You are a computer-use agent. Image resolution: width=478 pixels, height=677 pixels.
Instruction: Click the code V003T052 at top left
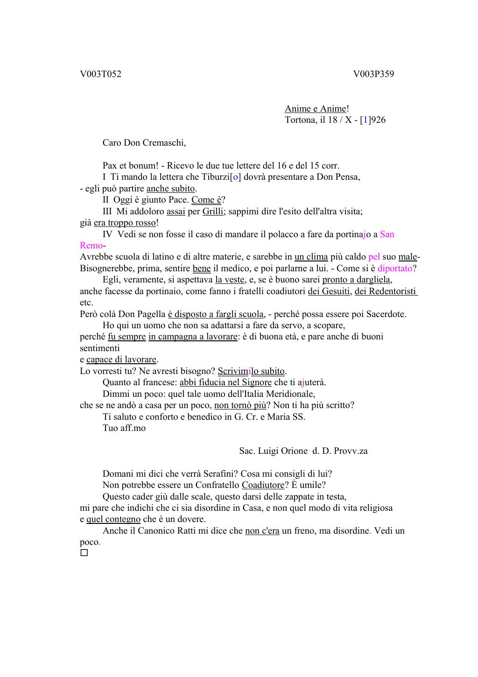click(x=100, y=74)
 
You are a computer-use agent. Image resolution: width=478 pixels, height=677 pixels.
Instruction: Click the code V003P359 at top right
click(x=373, y=74)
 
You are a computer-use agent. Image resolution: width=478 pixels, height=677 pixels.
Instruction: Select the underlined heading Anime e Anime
click(x=316, y=109)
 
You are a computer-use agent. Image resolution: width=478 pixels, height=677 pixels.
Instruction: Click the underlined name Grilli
click(x=213, y=211)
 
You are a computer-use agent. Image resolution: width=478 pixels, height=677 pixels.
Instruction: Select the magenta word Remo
click(x=91, y=246)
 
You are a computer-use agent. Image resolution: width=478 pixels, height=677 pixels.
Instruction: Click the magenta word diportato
click(x=395, y=268)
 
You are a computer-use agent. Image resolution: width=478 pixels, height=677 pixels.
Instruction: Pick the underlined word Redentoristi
click(x=393, y=291)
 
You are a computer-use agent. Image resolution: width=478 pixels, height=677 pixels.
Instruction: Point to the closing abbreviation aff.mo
click(x=133, y=428)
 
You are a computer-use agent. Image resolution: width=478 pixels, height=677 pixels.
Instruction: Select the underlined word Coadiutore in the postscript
click(x=263, y=485)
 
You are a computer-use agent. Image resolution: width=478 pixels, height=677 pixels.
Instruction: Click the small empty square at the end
click(x=84, y=553)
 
